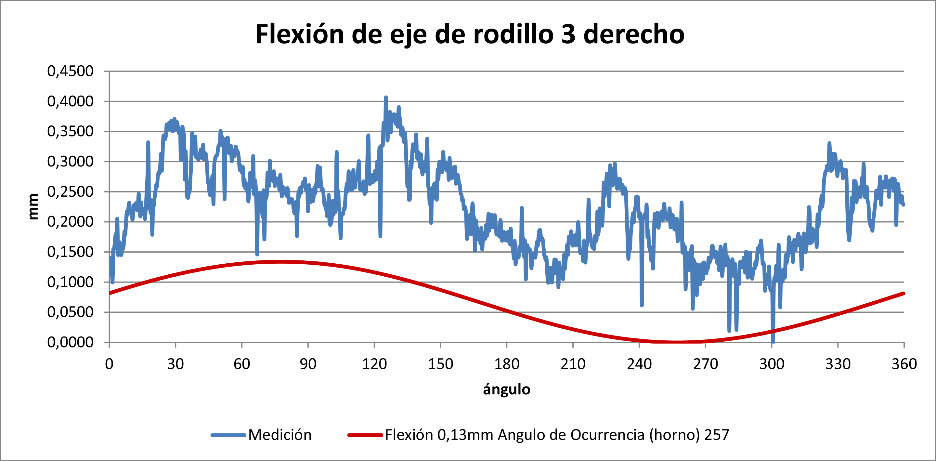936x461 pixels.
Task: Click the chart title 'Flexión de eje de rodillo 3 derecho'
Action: pos(470,34)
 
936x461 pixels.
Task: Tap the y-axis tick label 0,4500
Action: pos(70,71)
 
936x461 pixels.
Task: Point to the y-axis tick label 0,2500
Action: pos(70,191)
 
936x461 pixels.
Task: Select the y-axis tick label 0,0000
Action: pos(70,342)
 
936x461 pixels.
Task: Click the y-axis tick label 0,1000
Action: pos(70,282)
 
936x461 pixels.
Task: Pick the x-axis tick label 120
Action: pos(374,364)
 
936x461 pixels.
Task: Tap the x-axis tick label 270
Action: pos(705,364)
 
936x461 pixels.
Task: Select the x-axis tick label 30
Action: pos(175,364)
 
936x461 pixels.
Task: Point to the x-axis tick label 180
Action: pos(507,364)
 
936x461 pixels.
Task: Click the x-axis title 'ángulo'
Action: pos(507,389)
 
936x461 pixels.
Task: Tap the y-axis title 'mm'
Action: pos(33,206)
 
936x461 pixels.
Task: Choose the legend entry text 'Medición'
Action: pos(280,435)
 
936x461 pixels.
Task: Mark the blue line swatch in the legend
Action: pos(228,435)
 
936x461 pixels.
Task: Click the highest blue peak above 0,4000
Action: pos(386,98)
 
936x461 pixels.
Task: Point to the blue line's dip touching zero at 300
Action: pos(773,341)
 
